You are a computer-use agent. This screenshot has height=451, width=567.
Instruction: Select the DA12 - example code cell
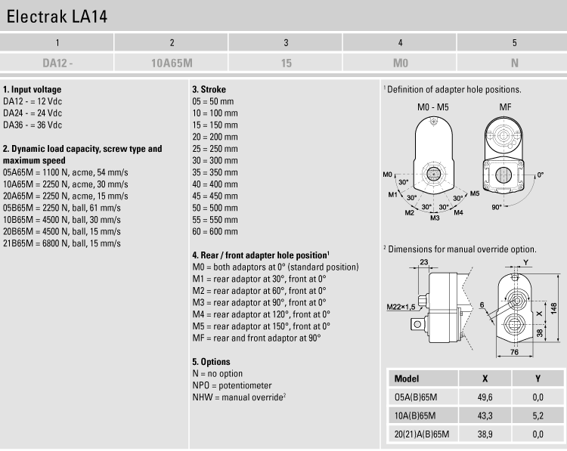[x=57, y=63]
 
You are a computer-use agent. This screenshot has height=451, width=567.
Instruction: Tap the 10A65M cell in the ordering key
[x=172, y=63]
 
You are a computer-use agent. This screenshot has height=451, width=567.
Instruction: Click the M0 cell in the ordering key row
[x=400, y=63]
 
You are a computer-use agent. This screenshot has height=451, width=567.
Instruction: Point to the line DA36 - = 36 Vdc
[x=33, y=125]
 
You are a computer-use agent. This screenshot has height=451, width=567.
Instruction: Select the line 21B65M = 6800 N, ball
[x=62, y=243]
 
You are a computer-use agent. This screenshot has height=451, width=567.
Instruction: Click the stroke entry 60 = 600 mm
[x=215, y=231]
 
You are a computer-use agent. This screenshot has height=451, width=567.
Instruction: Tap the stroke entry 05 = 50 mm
[x=212, y=101]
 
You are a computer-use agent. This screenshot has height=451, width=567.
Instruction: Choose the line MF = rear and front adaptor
[x=256, y=338]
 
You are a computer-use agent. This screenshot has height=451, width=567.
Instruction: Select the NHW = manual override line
[x=238, y=397]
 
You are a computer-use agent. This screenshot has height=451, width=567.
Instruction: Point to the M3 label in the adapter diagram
[x=435, y=218]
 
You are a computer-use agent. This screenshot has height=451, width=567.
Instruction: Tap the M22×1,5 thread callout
[x=401, y=307]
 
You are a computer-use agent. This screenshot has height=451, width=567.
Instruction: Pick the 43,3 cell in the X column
[x=485, y=416]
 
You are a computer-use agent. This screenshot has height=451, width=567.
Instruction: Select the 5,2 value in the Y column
[x=538, y=416]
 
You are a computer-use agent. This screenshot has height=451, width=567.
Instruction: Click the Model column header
[x=407, y=378]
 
